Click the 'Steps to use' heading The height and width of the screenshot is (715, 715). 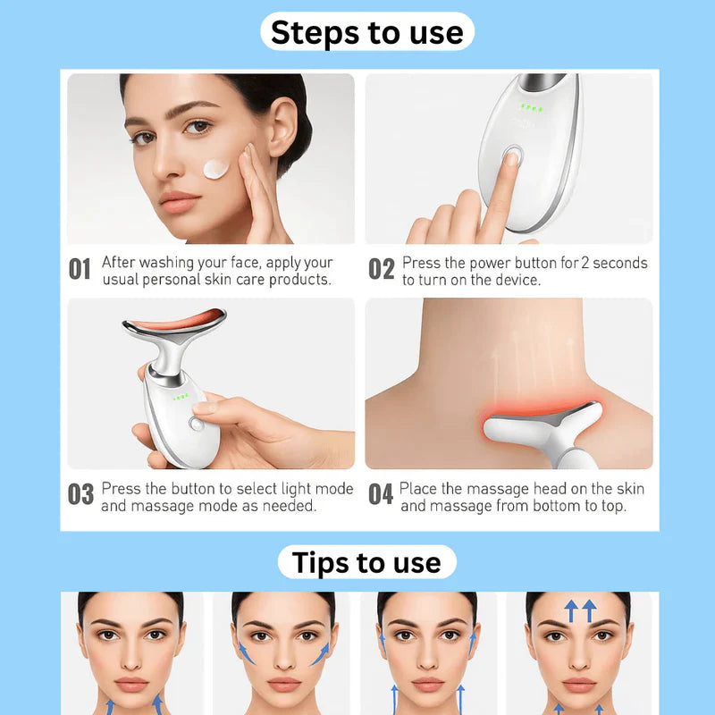click(367, 32)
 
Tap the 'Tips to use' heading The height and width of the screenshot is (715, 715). click(366, 562)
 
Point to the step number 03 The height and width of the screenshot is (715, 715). click(81, 495)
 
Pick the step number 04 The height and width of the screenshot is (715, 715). click(381, 495)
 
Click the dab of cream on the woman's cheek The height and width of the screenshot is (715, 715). click(216, 168)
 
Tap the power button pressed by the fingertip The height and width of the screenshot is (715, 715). click(513, 157)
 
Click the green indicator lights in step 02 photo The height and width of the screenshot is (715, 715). click(534, 111)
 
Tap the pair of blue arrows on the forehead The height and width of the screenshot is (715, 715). click(580, 611)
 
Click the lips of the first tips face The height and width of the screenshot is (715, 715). click(130, 685)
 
